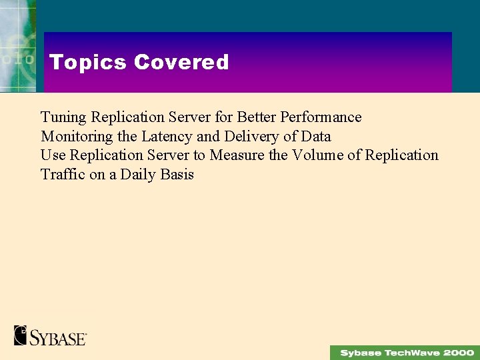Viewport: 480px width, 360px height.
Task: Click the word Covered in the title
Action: tap(181, 62)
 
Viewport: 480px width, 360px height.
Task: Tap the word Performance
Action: tap(321, 117)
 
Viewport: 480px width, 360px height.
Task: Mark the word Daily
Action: tap(137, 175)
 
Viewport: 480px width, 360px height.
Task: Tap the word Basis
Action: tap(177, 175)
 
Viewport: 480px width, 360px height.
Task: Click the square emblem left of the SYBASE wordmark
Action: tap(20, 335)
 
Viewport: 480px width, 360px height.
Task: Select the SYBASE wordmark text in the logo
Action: tap(58, 337)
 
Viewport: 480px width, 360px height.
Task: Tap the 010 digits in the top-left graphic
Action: tap(17, 59)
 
